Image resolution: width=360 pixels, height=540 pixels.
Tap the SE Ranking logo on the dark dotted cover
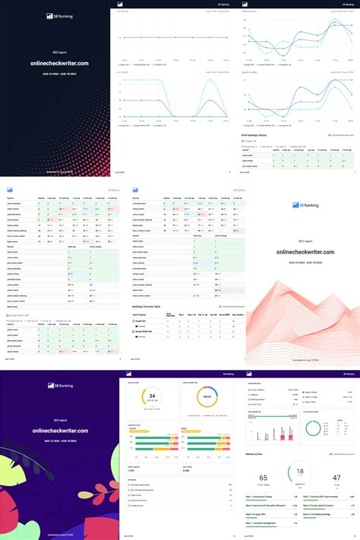pyautogui.click(x=59, y=14)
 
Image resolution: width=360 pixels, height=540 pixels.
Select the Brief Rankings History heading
pyautogui.click(x=264, y=135)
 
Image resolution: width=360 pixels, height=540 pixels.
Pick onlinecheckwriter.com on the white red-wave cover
pyautogui.click(x=301, y=232)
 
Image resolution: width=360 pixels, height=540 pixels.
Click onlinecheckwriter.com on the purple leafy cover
pyautogui.click(x=59, y=431)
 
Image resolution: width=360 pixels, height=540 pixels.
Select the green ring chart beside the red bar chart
pyautogui.click(x=314, y=429)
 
